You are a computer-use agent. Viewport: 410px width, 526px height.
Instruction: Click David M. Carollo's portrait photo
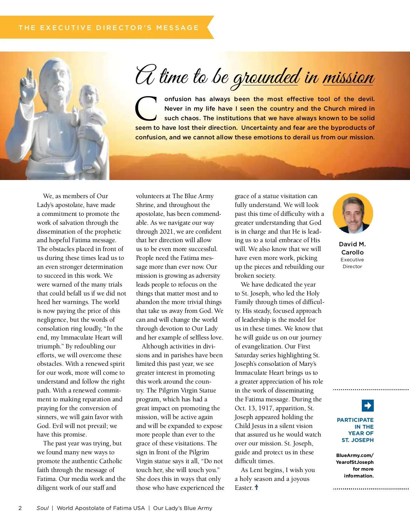[353, 213]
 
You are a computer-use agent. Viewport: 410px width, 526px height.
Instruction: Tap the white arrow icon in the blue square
[368, 405]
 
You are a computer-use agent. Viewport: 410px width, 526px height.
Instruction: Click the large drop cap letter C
[146, 109]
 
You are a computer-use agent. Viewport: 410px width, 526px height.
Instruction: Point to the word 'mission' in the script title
[348, 77]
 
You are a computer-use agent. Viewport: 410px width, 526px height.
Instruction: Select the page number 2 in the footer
[20, 508]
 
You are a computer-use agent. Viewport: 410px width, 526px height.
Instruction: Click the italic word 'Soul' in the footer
[42, 508]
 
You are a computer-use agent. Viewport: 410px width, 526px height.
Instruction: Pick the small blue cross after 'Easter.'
[256, 487]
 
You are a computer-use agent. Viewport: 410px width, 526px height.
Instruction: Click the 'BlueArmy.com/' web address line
[355, 455]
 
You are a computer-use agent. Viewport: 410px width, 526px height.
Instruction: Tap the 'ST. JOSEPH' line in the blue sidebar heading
[357, 440]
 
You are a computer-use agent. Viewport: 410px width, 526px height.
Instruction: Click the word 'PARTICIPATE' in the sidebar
[355, 420]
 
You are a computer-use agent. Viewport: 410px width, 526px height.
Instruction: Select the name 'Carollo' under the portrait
[352, 252]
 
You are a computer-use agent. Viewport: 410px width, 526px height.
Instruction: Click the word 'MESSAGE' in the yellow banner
[177, 28]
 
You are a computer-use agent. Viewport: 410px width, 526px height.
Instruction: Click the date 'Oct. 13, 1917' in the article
[257, 408]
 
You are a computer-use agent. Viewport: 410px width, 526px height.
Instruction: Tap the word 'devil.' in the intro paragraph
[366, 99]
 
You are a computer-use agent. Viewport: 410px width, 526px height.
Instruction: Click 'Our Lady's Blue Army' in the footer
[182, 508]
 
